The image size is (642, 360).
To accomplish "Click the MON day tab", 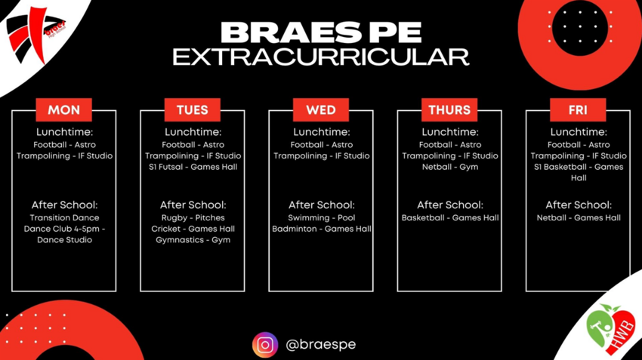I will pyautogui.click(x=63, y=110).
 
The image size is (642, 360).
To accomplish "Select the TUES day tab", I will pyautogui.click(x=192, y=110).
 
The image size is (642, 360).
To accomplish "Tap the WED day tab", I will pyautogui.click(x=321, y=110).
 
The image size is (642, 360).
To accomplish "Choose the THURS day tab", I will pyautogui.click(x=449, y=110).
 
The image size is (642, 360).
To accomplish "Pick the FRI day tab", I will pyautogui.click(x=578, y=110).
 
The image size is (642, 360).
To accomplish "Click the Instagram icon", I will pyautogui.click(x=265, y=345).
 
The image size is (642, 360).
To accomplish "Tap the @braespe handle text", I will pyautogui.click(x=320, y=345).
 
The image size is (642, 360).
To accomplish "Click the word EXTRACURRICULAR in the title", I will pyautogui.click(x=321, y=57).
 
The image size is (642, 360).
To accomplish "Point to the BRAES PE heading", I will pyautogui.click(x=321, y=32).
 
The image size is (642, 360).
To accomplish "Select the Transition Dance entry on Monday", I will pyautogui.click(x=64, y=218).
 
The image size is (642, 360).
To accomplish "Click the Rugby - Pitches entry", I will pyautogui.click(x=193, y=218).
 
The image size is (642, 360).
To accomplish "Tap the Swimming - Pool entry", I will pyautogui.click(x=322, y=218).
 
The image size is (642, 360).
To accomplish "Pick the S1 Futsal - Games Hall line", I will pyautogui.click(x=193, y=167).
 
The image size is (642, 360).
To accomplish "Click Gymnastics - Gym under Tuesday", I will pyautogui.click(x=193, y=240).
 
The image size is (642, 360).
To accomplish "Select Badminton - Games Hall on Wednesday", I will pyautogui.click(x=322, y=229).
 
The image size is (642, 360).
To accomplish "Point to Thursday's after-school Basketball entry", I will pyautogui.click(x=450, y=218).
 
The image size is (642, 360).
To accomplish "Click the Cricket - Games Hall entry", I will pyautogui.click(x=193, y=229).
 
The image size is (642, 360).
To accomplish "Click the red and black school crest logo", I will pyautogui.click(x=33, y=32).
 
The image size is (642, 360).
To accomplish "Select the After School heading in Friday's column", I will pyautogui.click(x=579, y=205).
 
